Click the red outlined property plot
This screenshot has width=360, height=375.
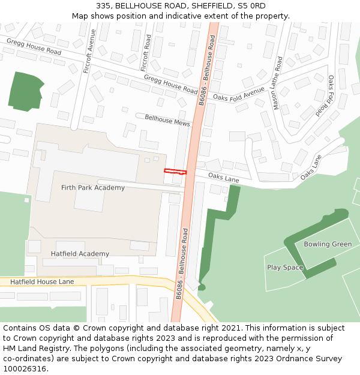point(175,172)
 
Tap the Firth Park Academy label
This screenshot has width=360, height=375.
point(93,188)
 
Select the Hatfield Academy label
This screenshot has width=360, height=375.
point(80,254)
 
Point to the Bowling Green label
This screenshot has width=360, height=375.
point(328,244)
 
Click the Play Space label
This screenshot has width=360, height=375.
point(285,268)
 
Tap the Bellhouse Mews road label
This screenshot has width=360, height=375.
point(167,121)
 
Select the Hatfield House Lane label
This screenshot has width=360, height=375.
point(42,281)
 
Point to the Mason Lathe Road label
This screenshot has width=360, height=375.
point(277,83)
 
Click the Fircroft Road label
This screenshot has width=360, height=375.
point(146,53)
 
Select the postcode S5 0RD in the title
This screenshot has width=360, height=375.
point(251,5)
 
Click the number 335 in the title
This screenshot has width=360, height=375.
point(104,5)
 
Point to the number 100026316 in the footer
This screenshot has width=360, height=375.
point(25,368)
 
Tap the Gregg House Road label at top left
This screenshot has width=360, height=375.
point(34,46)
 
